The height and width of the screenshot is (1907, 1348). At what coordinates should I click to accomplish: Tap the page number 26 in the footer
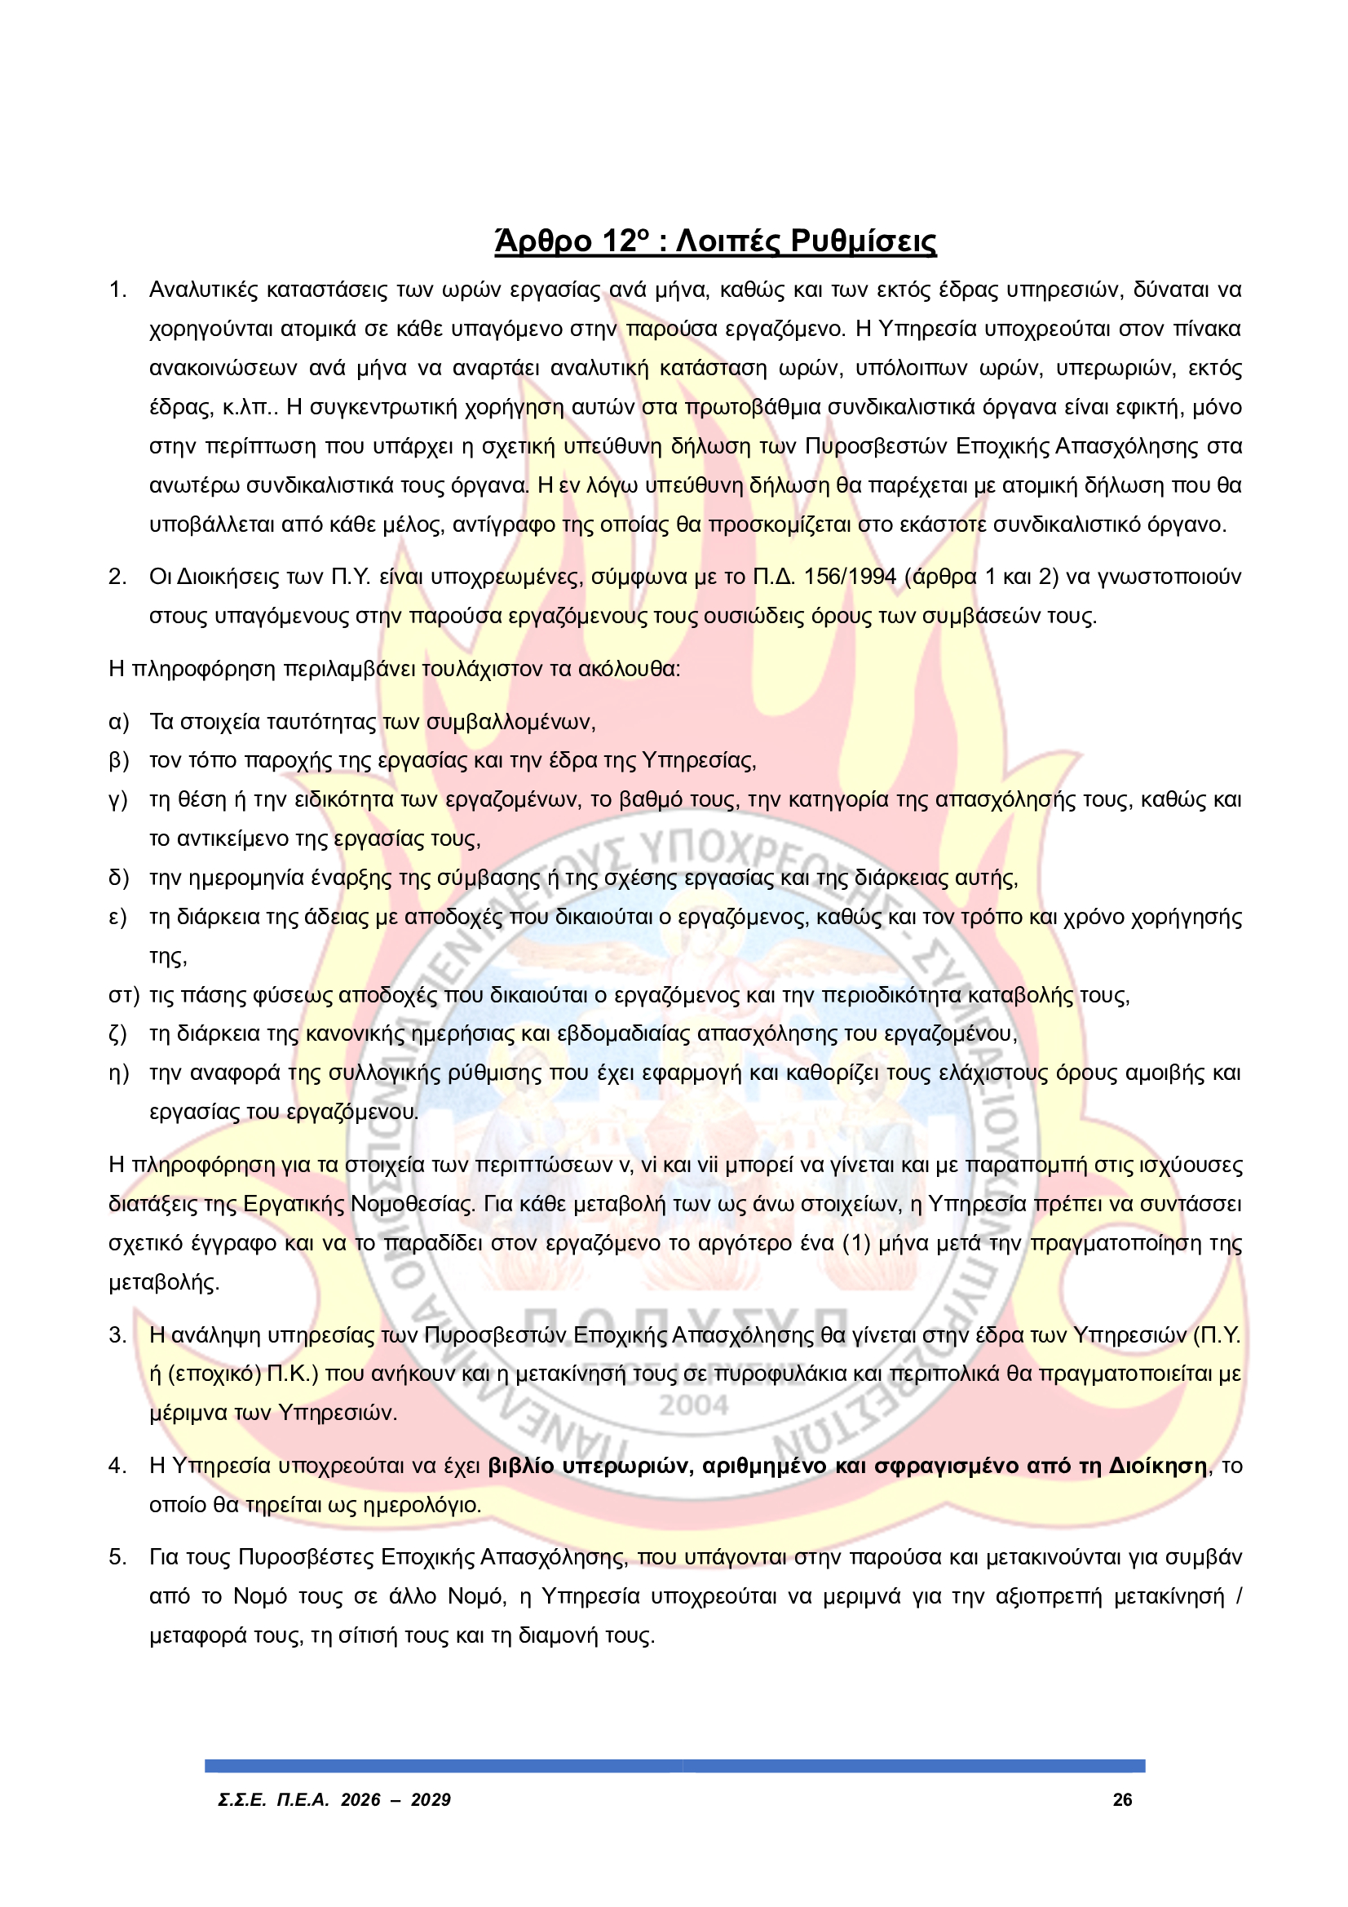pyautogui.click(x=1122, y=1800)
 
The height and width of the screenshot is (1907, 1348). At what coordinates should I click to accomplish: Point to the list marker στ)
pyautogui.click(x=124, y=995)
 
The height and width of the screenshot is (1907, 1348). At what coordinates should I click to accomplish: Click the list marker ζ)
pyautogui.click(x=118, y=1034)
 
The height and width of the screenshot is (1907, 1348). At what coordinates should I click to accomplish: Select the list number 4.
pyautogui.click(x=117, y=1466)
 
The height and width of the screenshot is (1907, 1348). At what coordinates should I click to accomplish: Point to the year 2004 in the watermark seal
pyautogui.click(x=693, y=1405)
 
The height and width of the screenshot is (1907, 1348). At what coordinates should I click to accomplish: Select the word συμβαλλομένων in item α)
pyautogui.click(x=510, y=721)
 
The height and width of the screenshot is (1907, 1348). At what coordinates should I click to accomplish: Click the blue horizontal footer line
pyautogui.click(x=674, y=1766)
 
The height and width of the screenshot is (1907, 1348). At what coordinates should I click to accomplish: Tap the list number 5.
pyautogui.click(x=117, y=1557)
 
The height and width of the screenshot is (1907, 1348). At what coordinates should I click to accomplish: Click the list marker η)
pyautogui.click(x=119, y=1073)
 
